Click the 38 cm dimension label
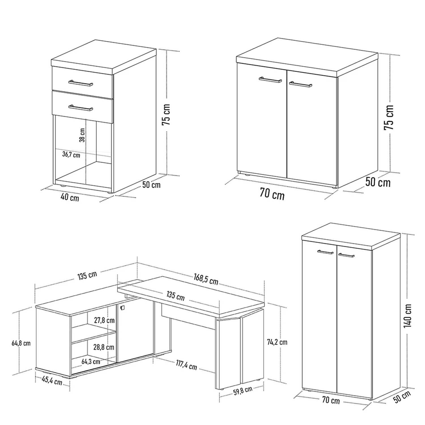[82, 135]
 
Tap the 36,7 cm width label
[71, 155]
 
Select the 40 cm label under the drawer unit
[70, 197]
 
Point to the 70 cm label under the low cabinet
[272, 195]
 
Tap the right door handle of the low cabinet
[301, 84]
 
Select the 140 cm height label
[407, 316]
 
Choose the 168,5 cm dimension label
[206, 279]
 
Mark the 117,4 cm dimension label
[186, 365]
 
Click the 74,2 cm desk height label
[277, 342]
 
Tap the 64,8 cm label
[21, 343]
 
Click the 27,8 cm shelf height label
[104, 320]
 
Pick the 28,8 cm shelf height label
[104, 347]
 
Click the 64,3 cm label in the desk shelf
[91, 362]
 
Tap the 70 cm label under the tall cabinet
[331, 400]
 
